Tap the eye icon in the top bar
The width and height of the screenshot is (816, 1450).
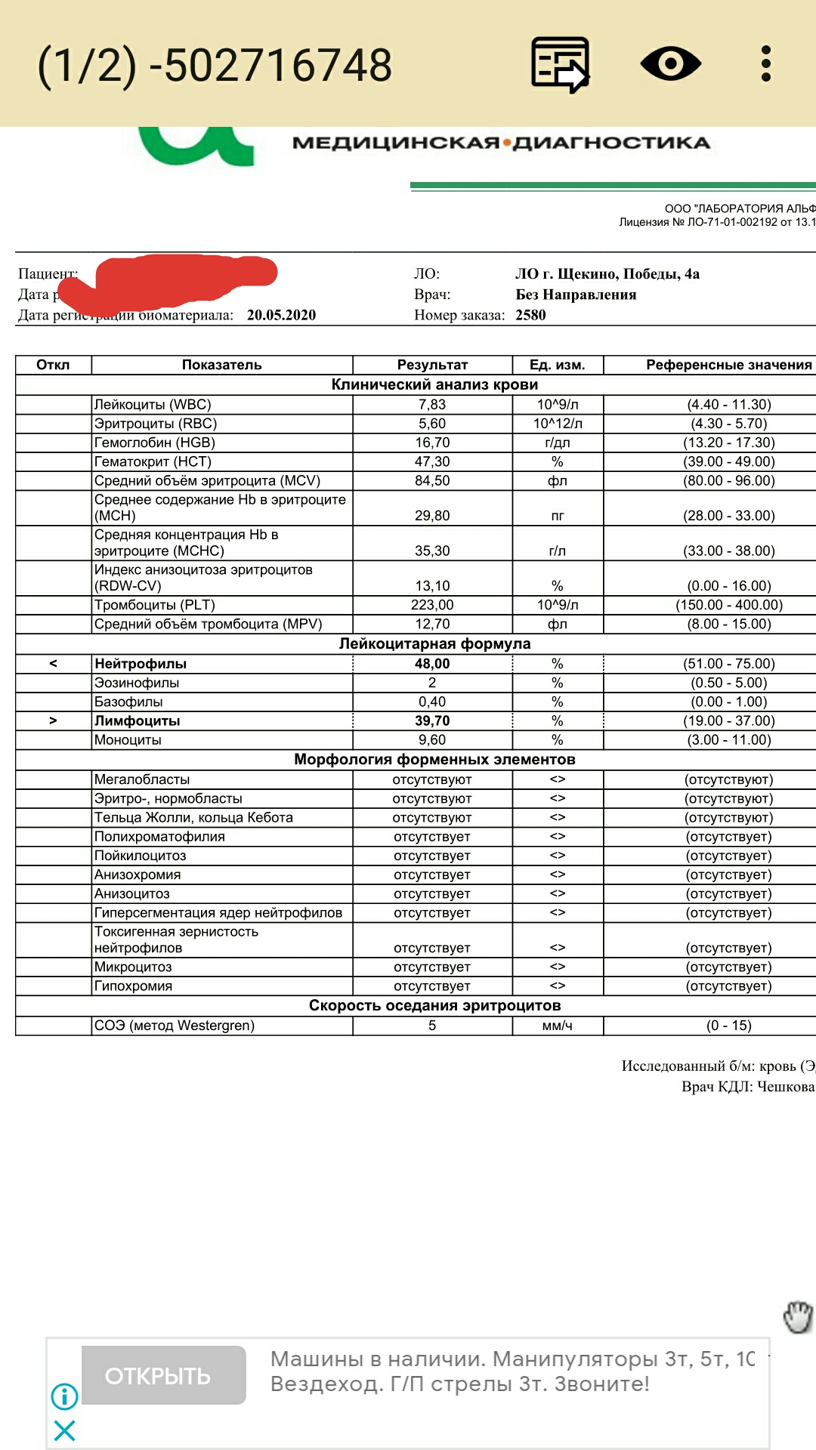click(670, 63)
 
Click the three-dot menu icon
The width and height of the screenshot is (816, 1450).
click(765, 63)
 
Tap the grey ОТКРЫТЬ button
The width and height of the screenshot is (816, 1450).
click(163, 1375)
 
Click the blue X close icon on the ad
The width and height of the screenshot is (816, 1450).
click(64, 1430)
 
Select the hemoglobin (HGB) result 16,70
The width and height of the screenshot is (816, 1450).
click(432, 443)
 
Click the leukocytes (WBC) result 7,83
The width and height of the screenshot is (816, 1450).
click(432, 405)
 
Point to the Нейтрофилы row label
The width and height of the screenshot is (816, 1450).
click(141, 664)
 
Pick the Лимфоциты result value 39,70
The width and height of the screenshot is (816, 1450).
click(432, 721)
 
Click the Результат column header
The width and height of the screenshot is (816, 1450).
click(432, 365)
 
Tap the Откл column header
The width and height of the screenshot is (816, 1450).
click(53, 365)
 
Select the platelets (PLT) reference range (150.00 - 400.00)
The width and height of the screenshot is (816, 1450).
click(729, 605)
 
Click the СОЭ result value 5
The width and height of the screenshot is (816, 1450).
click(432, 1026)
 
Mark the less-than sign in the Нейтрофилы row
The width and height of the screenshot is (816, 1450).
click(53, 664)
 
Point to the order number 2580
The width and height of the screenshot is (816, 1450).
click(530, 315)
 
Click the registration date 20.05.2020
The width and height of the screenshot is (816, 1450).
click(281, 315)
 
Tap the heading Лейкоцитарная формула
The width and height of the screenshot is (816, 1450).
click(434, 643)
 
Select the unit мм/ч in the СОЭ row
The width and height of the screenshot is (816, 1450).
click(557, 1026)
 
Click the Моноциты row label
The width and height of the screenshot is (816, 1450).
click(128, 740)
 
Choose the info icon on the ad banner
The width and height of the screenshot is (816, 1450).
click(64, 1396)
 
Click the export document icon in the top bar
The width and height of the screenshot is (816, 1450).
click(560, 64)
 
